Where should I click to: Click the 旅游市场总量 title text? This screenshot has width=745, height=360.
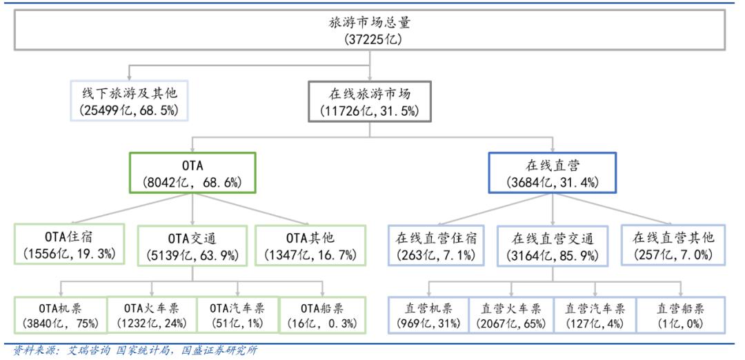370,22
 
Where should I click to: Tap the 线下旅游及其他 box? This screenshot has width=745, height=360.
129,100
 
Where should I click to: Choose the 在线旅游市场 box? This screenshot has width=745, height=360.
370,101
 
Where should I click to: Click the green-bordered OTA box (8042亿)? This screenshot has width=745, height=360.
192,172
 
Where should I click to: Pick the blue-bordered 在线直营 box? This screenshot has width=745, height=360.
552,172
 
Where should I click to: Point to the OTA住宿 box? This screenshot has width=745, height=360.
70,244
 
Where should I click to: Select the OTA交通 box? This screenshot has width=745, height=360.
192,245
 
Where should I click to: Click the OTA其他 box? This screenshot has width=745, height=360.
310,245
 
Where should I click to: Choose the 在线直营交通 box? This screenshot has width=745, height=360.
552,245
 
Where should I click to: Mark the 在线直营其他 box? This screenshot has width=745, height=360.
673,244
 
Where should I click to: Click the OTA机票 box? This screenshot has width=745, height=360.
60,315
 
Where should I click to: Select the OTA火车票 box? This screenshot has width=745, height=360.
152,315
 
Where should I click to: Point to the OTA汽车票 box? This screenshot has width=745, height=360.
238,315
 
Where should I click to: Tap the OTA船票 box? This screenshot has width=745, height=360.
323,315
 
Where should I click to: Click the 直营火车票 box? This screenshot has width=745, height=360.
511,315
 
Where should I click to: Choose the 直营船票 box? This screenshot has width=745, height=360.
681,315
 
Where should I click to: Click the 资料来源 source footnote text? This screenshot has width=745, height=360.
135,351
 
